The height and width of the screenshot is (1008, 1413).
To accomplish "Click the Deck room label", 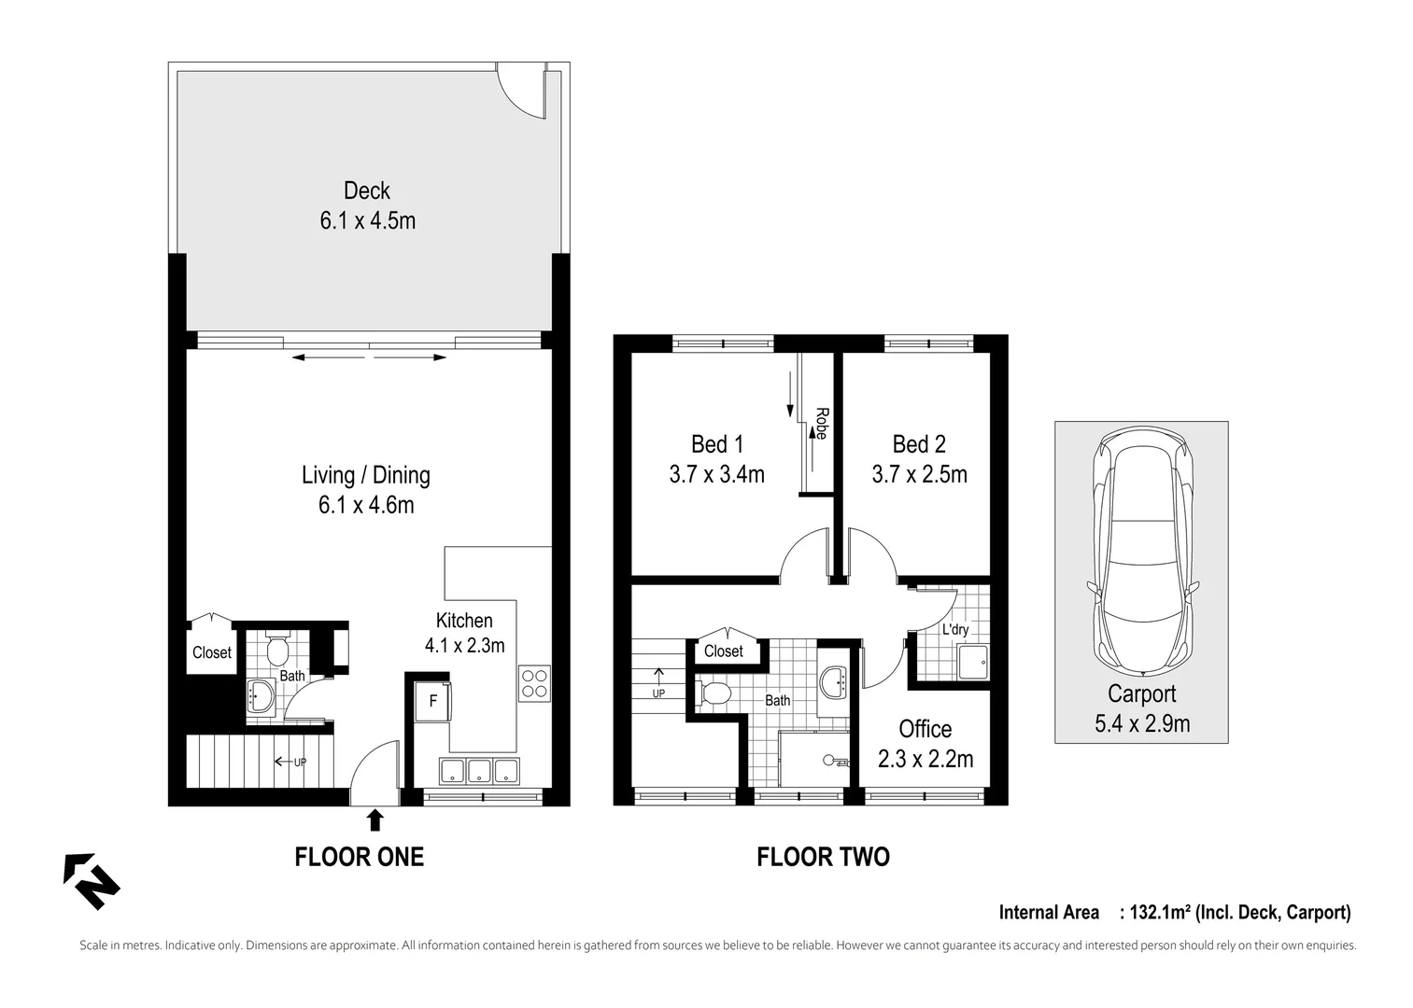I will click(366, 190).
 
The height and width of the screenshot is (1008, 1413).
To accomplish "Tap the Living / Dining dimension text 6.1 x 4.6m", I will click(366, 505).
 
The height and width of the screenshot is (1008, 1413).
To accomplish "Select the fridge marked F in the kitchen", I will click(433, 701).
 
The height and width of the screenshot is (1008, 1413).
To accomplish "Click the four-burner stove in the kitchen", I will click(534, 683).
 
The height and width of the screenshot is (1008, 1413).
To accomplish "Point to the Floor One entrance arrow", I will click(374, 819).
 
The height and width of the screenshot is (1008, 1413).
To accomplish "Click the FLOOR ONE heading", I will click(359, 856).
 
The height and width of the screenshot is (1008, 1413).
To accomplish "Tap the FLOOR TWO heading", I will click(823, 856).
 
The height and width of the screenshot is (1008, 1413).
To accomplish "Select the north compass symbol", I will click(91, 880).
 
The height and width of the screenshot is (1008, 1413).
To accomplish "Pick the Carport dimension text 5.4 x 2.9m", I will click(1141, 723).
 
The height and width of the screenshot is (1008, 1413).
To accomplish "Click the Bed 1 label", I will click(716, 444).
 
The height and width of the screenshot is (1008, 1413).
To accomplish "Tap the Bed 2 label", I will click(919, 444).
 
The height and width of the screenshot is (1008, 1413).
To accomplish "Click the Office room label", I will click(925, 729).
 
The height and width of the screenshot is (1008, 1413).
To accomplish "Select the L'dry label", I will click(954, 630).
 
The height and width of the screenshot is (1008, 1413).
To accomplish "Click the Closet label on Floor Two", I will click(723, 651).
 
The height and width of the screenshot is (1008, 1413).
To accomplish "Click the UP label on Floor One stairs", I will click(300, 762).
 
